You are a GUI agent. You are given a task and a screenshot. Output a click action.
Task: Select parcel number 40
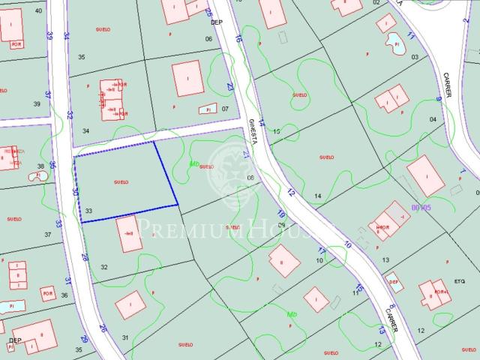click(38, 10)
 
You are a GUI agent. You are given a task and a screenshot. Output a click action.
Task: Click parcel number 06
click(208, 38)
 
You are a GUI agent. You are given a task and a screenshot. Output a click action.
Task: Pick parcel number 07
click(224, 108)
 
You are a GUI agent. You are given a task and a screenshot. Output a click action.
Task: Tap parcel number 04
click(433, 119)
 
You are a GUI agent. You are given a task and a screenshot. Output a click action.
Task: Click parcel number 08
click(250, 178)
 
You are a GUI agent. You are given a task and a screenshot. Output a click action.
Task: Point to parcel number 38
click(40, 166)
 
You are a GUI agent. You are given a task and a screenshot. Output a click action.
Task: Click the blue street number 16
click(238, 38)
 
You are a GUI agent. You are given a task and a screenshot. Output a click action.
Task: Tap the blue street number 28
click(84, 256)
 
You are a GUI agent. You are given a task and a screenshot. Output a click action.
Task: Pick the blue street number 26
click(103, 328)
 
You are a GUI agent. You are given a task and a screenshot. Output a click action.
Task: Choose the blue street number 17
click(321, 250)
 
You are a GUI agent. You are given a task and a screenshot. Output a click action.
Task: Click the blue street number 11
click(410, 36)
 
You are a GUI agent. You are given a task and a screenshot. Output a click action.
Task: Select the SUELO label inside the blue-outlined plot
click(121, 182)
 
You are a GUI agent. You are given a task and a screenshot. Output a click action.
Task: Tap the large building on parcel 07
click(187, 78)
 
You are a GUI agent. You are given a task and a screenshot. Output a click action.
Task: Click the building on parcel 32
click(130, 234)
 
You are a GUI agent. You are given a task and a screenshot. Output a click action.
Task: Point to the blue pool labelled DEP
click(393, 281)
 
